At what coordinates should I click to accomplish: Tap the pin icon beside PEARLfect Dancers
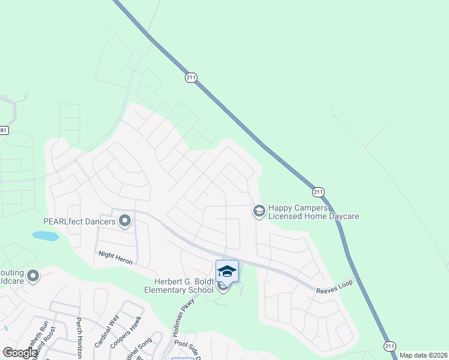pyautogui.click(x=125, y=221)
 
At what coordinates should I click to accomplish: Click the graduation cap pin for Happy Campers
pyautogui.click(x=259, y=211)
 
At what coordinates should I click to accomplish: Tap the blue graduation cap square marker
pyautogui.click(x=227, y=271)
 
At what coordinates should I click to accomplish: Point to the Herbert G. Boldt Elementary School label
pyautogui.click(x=170, y=286)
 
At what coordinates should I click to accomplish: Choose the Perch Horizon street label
pyautogui.click(x=79, y=338)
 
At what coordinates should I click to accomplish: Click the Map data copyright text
pyautogui.click(x=423, y=355)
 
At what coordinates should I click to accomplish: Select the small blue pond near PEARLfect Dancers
pyautogui.click(x=46, y=236)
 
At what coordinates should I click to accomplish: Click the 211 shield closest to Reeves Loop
pyautogui.click(x=318, y=192)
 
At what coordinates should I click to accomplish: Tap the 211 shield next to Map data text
pyautogui.click(x=390, y=346)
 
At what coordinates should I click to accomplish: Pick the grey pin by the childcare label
pyautogui.click(x=33, y=276)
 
